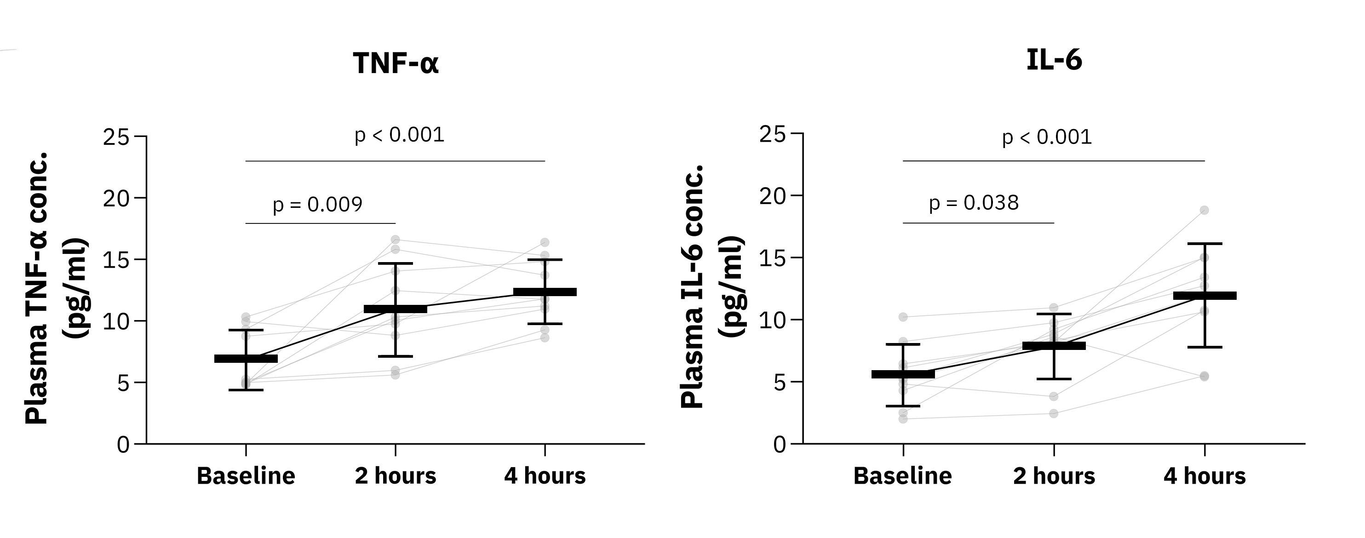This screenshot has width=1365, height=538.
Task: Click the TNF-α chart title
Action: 396,63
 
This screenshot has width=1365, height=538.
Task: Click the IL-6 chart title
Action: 1054,60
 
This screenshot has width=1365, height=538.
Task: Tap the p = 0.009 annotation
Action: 317,205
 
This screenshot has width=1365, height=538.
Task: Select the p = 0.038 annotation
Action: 974,202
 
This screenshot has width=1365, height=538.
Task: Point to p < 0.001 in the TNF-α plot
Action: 399,135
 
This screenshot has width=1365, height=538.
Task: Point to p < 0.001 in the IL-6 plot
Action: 1047,137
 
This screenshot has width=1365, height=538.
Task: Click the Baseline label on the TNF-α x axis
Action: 246,476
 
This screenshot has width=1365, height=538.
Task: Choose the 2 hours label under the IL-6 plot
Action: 1054,476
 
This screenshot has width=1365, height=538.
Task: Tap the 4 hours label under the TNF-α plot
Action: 545,476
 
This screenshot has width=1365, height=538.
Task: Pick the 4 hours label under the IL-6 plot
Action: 1204,476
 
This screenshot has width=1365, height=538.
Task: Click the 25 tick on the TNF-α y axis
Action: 116,137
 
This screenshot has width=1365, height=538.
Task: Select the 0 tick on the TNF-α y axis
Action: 123,445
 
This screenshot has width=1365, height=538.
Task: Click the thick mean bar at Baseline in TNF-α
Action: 246,359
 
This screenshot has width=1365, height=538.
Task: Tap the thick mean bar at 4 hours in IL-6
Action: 1204,296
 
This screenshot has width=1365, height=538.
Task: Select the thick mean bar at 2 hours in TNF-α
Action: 396,309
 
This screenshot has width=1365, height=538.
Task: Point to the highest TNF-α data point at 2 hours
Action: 396,240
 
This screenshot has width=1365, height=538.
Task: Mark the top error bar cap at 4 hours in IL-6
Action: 1204,244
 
